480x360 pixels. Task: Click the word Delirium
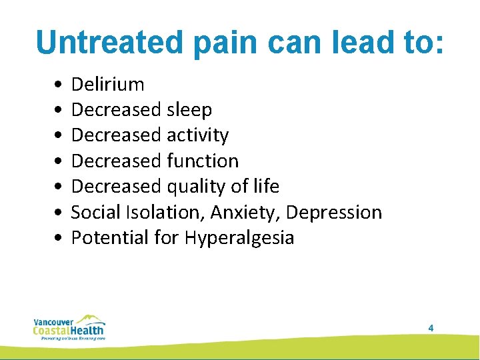pos(107,85)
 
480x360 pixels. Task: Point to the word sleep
pos(189,110)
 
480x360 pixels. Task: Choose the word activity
pos(197,135)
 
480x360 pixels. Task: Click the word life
pos(267,186)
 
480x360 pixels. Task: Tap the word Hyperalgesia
pos(239,238)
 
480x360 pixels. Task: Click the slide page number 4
pos(431,328)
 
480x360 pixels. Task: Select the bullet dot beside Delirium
pos(60,85)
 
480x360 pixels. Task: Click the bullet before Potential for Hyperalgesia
pos(60,237)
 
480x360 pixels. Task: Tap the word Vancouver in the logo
pos(49,321)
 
